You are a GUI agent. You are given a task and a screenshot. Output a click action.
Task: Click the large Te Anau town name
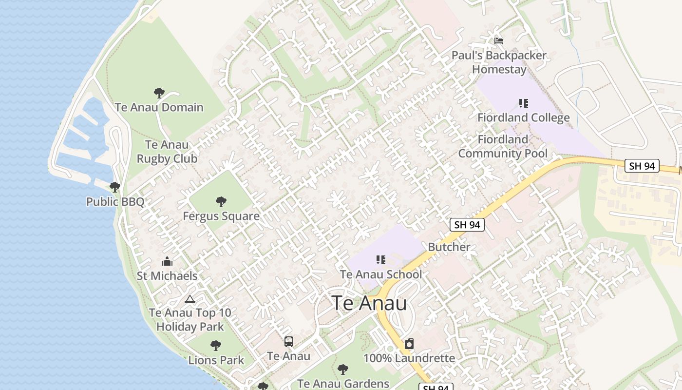click(369, 303)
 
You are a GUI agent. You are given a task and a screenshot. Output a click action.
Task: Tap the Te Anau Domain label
click(159, 107)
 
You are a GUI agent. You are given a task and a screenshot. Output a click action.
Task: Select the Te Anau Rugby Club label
click(167, 152)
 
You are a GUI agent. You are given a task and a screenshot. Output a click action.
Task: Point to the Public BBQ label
click(115, 201)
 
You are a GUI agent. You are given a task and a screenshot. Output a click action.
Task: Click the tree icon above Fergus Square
click(221, 201)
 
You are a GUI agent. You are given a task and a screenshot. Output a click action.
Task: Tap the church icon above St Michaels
click(167, 261)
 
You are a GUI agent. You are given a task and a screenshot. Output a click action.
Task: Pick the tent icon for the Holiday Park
click(190, 298)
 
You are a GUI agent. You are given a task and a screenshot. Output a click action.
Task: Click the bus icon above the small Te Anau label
click(289, 341)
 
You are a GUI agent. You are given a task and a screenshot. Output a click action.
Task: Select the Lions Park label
click(216, 360)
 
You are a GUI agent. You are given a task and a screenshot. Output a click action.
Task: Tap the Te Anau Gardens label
click(343, 384)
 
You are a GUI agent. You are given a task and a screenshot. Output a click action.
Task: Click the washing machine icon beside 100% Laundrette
click(409, 344)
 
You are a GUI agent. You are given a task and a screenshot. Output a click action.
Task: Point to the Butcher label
click(449, 247)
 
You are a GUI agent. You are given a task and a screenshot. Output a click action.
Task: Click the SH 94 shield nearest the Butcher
click(467, 225)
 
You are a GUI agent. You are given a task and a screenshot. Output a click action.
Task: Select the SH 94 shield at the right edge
click(642, 166)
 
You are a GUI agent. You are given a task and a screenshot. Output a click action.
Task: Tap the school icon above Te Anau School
click(381, 260)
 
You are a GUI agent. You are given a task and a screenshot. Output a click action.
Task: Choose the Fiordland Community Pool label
click(503, 146)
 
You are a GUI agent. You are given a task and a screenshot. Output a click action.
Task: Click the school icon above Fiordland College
click(524, 103)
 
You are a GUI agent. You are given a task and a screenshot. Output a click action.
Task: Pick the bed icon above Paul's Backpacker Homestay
click(499, 41)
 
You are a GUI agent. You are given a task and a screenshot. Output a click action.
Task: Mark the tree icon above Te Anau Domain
click(159, 93)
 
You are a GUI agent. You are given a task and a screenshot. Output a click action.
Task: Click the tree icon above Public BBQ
click(115, 187)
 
